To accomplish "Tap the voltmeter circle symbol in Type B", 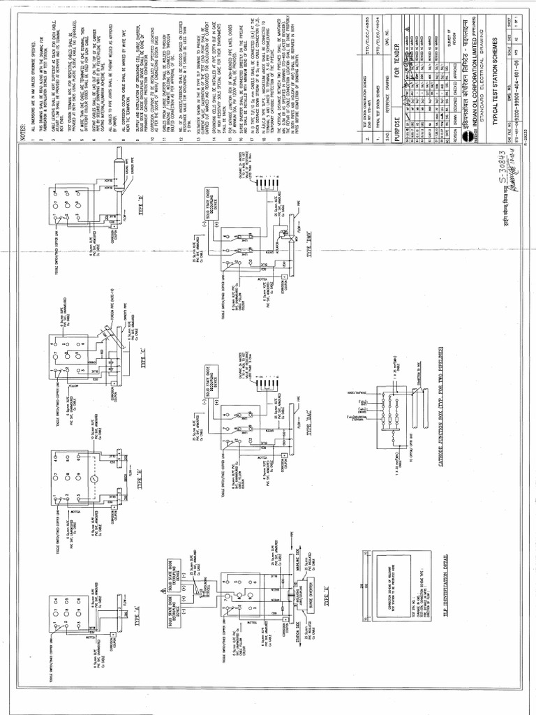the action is pyautogui.click(x=94, y=482).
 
